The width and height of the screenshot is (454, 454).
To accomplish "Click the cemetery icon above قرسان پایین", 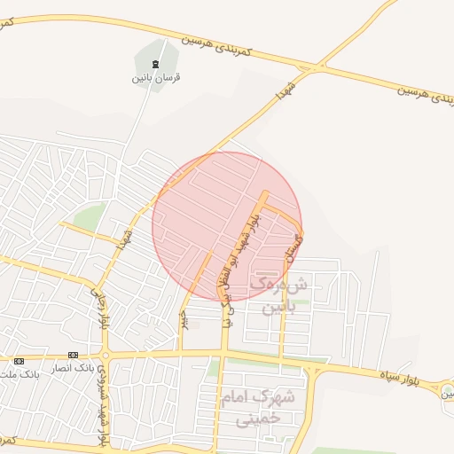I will click(x=157, y=63).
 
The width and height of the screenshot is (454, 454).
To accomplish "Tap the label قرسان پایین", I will click(x=157, y=77).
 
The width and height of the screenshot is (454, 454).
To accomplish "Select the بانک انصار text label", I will click(x=71, y=366).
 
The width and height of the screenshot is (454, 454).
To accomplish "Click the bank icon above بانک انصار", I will click(x=72, y=354).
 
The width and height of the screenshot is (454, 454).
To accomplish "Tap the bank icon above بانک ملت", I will click(x=19, y=360).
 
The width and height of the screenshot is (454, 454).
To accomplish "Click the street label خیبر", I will click(x=184, y=318).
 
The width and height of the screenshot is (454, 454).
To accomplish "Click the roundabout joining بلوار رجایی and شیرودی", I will click(x=104, y=354).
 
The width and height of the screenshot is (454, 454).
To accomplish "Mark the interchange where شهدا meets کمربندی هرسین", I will click(x=317, y=67).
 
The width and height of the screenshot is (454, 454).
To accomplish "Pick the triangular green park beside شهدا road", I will click(x=89, y=215).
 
